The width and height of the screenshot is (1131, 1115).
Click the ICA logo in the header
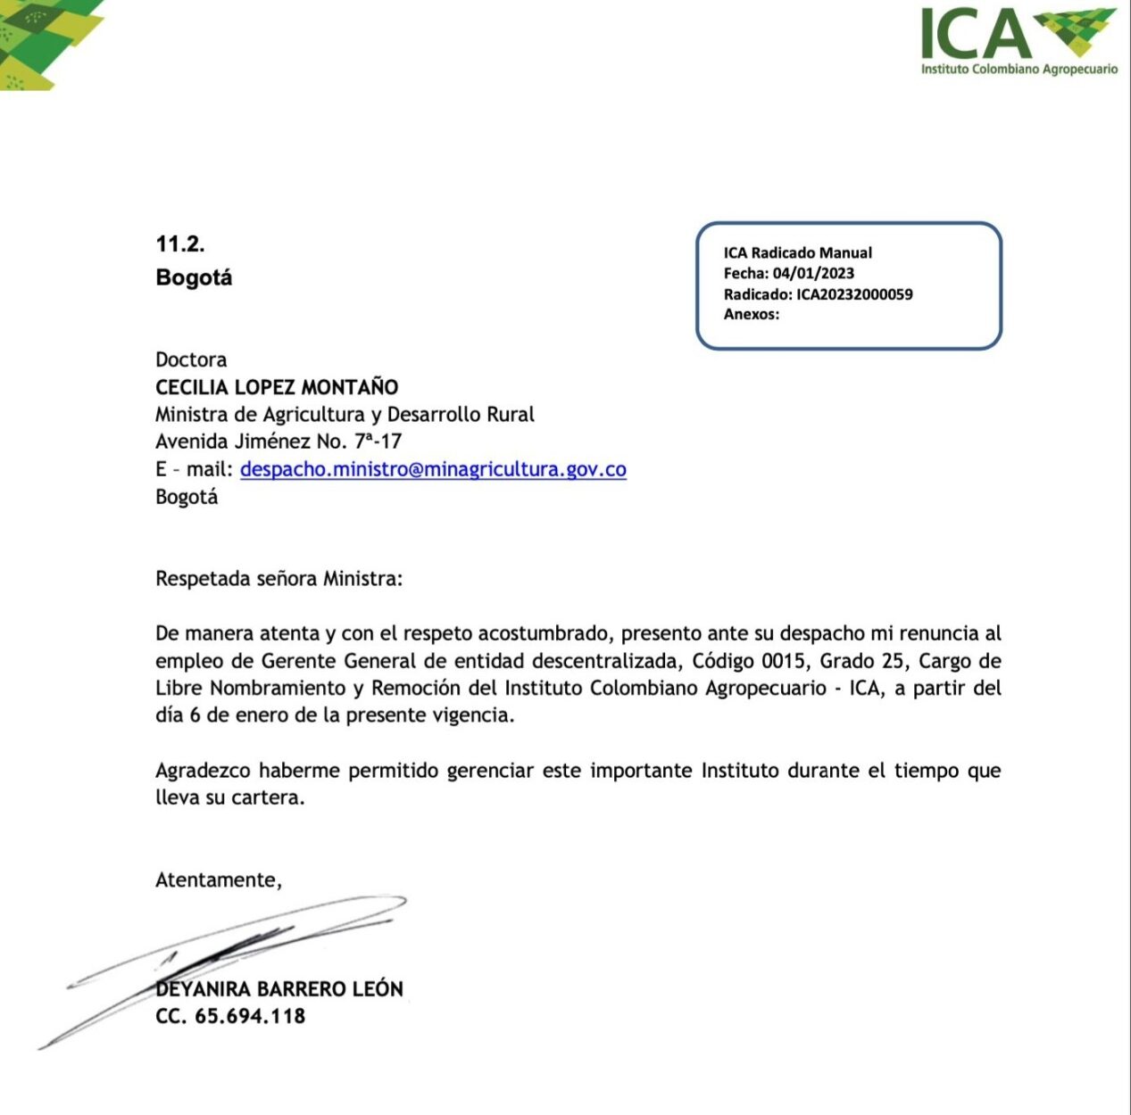1018,40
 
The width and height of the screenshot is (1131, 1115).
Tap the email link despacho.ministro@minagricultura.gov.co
433,469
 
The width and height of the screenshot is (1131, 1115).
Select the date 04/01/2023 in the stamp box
813,274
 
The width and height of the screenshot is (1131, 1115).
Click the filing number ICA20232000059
854,294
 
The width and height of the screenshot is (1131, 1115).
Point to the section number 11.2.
180,244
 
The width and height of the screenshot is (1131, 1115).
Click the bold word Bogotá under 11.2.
194,277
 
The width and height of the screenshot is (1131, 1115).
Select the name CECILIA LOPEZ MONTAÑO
277,387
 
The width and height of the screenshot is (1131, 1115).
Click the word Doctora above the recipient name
191,359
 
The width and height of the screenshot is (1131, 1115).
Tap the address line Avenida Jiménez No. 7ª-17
279,442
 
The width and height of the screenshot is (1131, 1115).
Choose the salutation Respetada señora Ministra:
279,579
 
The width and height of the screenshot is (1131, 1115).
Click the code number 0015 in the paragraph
782,661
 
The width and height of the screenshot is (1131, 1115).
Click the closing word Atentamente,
219,880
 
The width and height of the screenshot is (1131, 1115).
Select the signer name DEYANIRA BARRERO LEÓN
279,989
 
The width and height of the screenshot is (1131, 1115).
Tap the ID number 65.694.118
250,1016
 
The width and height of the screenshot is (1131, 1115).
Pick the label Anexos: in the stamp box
752,314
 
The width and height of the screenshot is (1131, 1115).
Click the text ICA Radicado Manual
798,253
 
